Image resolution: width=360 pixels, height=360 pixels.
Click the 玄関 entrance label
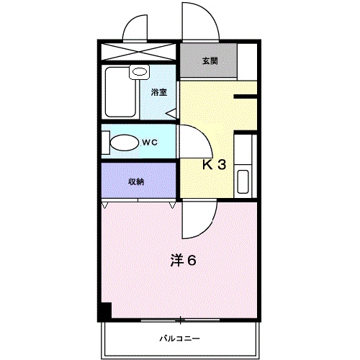pos(208,61)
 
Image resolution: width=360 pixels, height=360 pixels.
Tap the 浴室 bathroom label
pos(158,92)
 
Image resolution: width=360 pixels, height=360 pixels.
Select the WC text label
pos(149,142)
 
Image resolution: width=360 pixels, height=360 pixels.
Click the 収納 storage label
pos(136,181)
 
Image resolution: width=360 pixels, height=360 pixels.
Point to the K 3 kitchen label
pos(213,165)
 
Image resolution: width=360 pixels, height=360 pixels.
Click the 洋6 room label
pos(184,260)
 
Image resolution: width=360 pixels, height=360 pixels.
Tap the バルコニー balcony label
pos(179,338)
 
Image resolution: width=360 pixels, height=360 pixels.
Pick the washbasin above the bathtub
pos(138,73)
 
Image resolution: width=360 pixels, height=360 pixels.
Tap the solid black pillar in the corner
pos(105,311)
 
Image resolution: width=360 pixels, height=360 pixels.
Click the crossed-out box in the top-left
pos(139,52)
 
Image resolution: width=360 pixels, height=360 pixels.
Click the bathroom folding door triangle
pos(171,112)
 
